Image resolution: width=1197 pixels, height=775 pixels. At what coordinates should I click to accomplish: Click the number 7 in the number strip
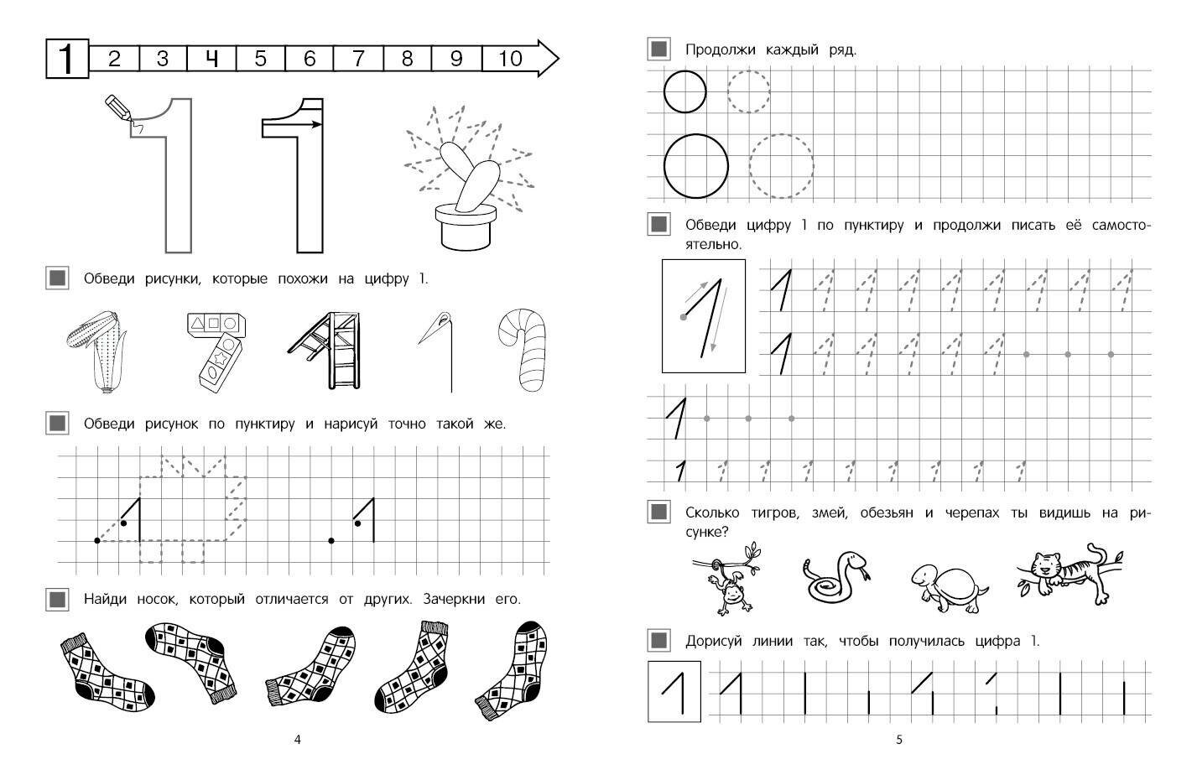click(358, 58)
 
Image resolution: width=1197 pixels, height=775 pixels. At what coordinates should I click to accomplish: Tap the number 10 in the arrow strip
click(510, 58)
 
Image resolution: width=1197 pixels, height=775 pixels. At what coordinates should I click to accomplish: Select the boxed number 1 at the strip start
click(67, 59)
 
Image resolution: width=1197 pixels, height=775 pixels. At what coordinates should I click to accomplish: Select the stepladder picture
click(328, 350)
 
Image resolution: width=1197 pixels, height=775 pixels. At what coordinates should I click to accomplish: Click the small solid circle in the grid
click(684, 92)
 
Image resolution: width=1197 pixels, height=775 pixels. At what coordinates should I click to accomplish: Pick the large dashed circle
click(781, 166)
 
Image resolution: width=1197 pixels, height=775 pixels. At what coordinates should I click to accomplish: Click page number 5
click(899, 740)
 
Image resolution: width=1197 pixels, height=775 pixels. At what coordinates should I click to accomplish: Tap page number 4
click(298, 740)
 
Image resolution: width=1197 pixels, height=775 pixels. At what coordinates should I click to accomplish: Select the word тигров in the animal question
click(775, 513)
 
